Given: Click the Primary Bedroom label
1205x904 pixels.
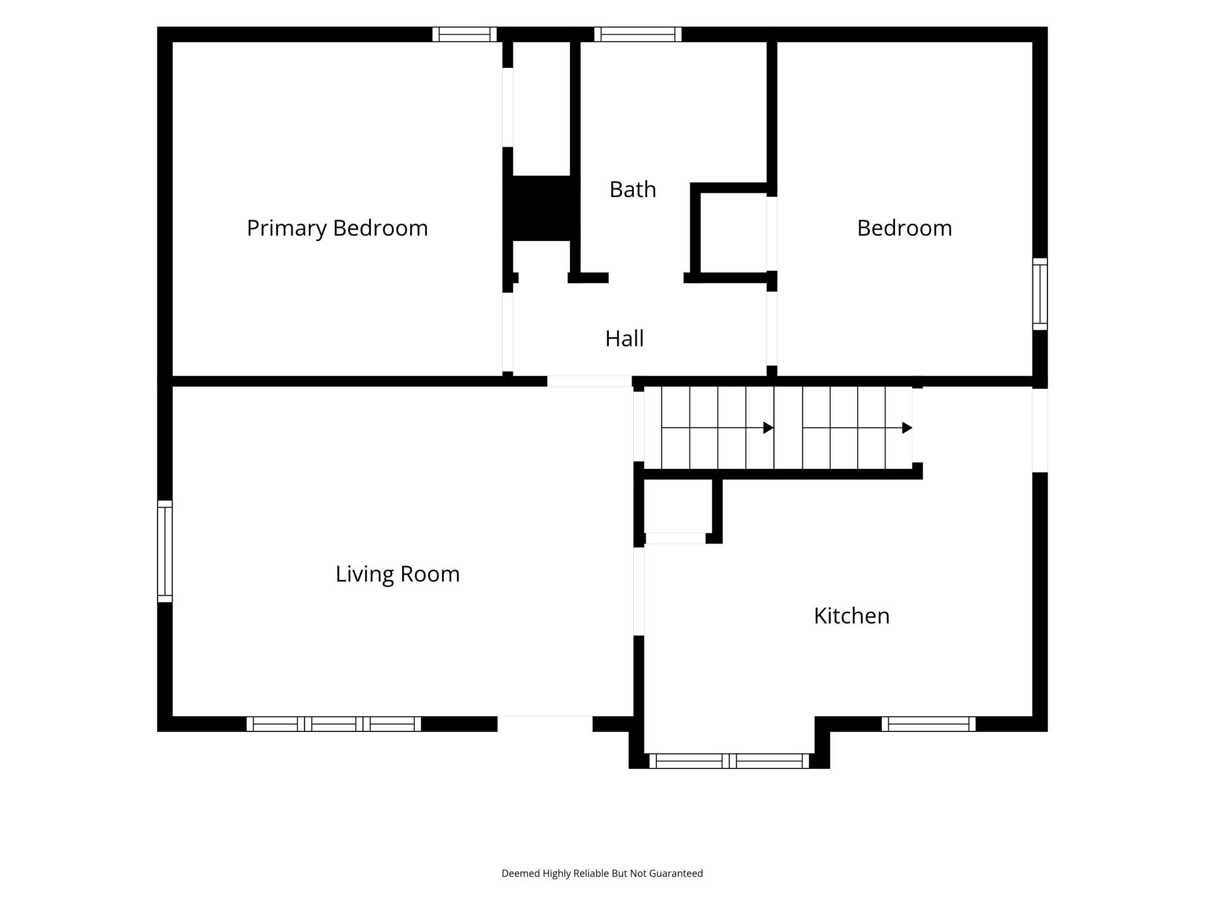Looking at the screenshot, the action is (x=337, y=228).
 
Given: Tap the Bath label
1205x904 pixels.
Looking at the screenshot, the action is (x=633, y=189).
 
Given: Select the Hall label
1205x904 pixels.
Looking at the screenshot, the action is (x=625, y=338).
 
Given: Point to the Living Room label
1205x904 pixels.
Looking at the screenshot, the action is (x=397, y=574).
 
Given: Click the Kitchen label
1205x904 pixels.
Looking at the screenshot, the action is (x=852, y=615).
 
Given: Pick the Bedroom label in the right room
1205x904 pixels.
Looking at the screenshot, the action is (x=904, y=228).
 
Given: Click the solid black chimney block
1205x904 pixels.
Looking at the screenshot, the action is (x=541, y=208).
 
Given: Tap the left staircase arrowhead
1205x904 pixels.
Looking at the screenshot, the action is (x=769, y=428).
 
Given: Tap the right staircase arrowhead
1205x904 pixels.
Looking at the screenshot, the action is (x=907, y=428).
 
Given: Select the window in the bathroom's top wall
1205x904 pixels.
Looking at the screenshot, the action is (x=638, y=34).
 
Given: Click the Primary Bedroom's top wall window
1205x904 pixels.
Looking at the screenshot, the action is (x=465, y=34).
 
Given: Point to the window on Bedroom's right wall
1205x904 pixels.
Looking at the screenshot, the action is (x=1040, y=294).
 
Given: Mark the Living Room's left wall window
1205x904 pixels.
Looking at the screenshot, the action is (x=165, y=551).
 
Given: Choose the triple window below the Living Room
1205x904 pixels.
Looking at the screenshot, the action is (x=334, y=724).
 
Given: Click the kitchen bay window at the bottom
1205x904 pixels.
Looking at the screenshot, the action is (x=729, y=761).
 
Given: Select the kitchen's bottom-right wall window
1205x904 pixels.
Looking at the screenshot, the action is (x=929, y=724).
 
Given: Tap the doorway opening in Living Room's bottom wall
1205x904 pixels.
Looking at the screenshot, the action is (x=545, y=724).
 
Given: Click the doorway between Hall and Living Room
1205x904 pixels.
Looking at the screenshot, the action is (x=590, y=381).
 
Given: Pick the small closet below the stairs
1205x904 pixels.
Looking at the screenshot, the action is (x=678, y=506).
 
